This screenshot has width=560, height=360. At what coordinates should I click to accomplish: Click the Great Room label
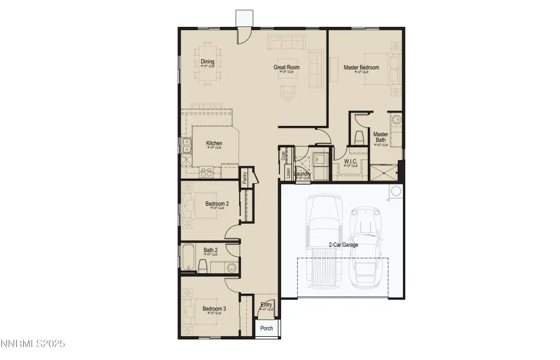pos(287,67)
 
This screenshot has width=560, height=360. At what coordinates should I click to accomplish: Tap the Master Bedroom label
pos(361,67)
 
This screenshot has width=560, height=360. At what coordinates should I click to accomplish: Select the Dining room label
pos(207,62)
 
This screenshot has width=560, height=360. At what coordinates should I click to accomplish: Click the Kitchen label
pos(214,143)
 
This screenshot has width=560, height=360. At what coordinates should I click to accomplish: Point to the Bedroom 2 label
pos(217,204)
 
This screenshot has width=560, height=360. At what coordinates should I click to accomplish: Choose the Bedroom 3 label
pos(214,309)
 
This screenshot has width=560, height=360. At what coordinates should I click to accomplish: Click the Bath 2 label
pos(210,250)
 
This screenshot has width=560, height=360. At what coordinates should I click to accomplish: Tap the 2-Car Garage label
pos(343,244)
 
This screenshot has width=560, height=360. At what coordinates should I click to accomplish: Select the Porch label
pos(266,328)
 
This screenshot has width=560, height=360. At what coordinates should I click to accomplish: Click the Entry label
pos(266,305)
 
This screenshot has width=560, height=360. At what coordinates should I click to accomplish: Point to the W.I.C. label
pos(350,161)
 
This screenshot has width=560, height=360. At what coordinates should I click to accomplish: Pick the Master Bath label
pos(381,138)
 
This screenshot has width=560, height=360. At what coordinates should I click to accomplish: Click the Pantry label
pos(245,178)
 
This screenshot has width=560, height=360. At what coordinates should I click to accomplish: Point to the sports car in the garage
pos(367,244)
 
